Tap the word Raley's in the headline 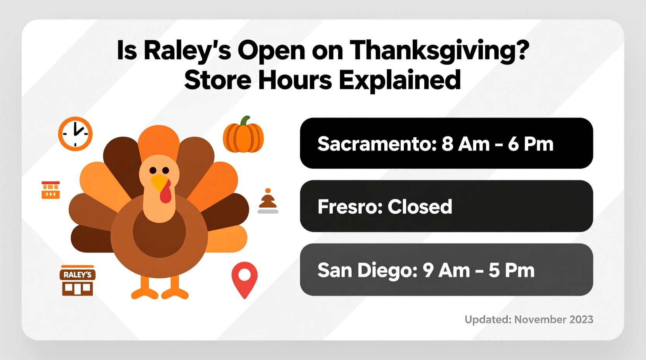click(x=186, y=51)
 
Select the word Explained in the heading click(x=399, y=80)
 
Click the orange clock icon click(x=75, y=133)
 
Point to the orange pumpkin click(x=243, y=135)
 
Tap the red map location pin click(x=244, y=279)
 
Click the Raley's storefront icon click(x=78, y=280)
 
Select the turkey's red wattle click(x=166, y=192)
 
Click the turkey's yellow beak click(x=159, y=182)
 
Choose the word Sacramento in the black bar click(x=374, y=144)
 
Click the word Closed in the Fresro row click(x=420, y=207)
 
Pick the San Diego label click(x=367, y=270)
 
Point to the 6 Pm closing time click(x=530, y=144)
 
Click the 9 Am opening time click(x=446, y=270)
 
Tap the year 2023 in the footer click(x=581, y=320)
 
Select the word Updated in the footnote click(x=488, y=320)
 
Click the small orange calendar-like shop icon click(x=51, y=190)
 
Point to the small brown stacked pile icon click(x=268, y=201)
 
